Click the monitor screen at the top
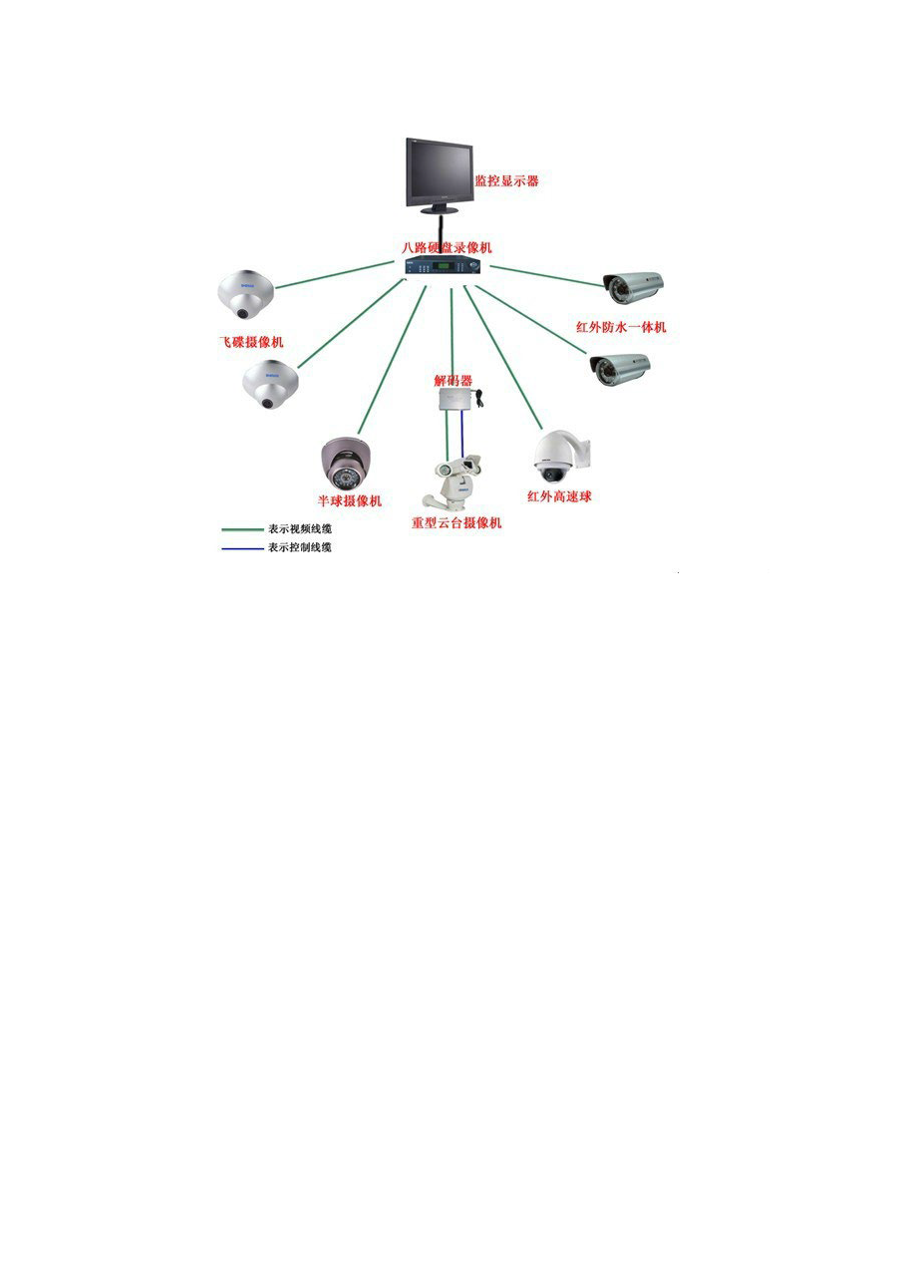coord(438,170)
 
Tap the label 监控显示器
coord(506,181)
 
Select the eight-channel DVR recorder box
coord(442,266)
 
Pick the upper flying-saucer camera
coord(245,293)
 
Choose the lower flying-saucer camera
coord(269,385)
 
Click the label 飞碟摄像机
coord(251,341)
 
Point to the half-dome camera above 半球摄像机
coord(345,463)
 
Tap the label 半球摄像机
coord(349,500)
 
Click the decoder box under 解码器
coord(454,399)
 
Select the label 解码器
coord(453,380)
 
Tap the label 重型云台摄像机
coord(456,522)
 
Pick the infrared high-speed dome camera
coord(559,457)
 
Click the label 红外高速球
coord(559,495)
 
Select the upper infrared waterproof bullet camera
coord(634,287)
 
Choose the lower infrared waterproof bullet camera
coord(620,369)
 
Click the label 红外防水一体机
coord(621,327)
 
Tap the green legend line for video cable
coord(240,529)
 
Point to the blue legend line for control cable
coord(240,547)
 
